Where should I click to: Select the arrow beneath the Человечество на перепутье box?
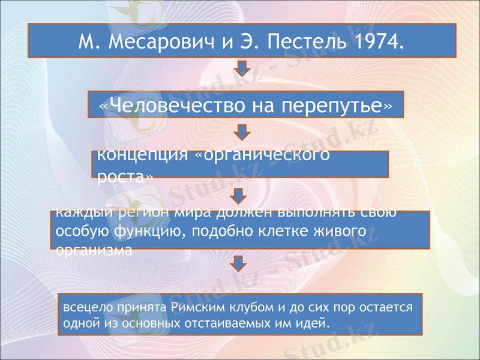(x=241, y=133)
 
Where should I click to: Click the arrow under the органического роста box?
(x=238, y=196)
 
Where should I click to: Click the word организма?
(x=93, y=250)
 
